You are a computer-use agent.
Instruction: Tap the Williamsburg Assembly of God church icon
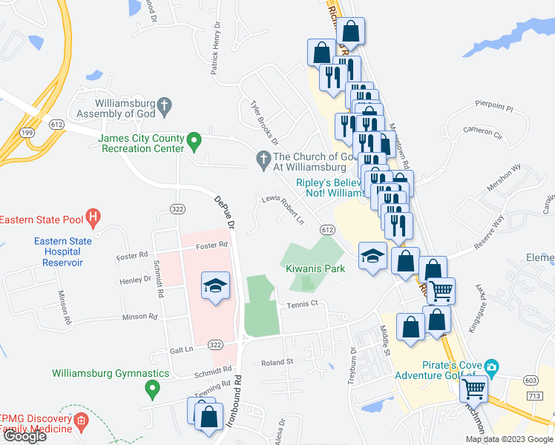point(164,105)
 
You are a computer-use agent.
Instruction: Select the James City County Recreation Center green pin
point(194,139)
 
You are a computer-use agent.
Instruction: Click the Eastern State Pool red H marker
point(93,219)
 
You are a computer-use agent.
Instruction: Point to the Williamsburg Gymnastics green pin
point(153,387)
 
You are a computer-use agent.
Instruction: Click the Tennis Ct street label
point(303,303)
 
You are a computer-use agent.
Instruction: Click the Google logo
point(24,436)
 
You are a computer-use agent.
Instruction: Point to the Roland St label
point(277,363)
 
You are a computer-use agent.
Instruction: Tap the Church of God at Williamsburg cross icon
point(263,158)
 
